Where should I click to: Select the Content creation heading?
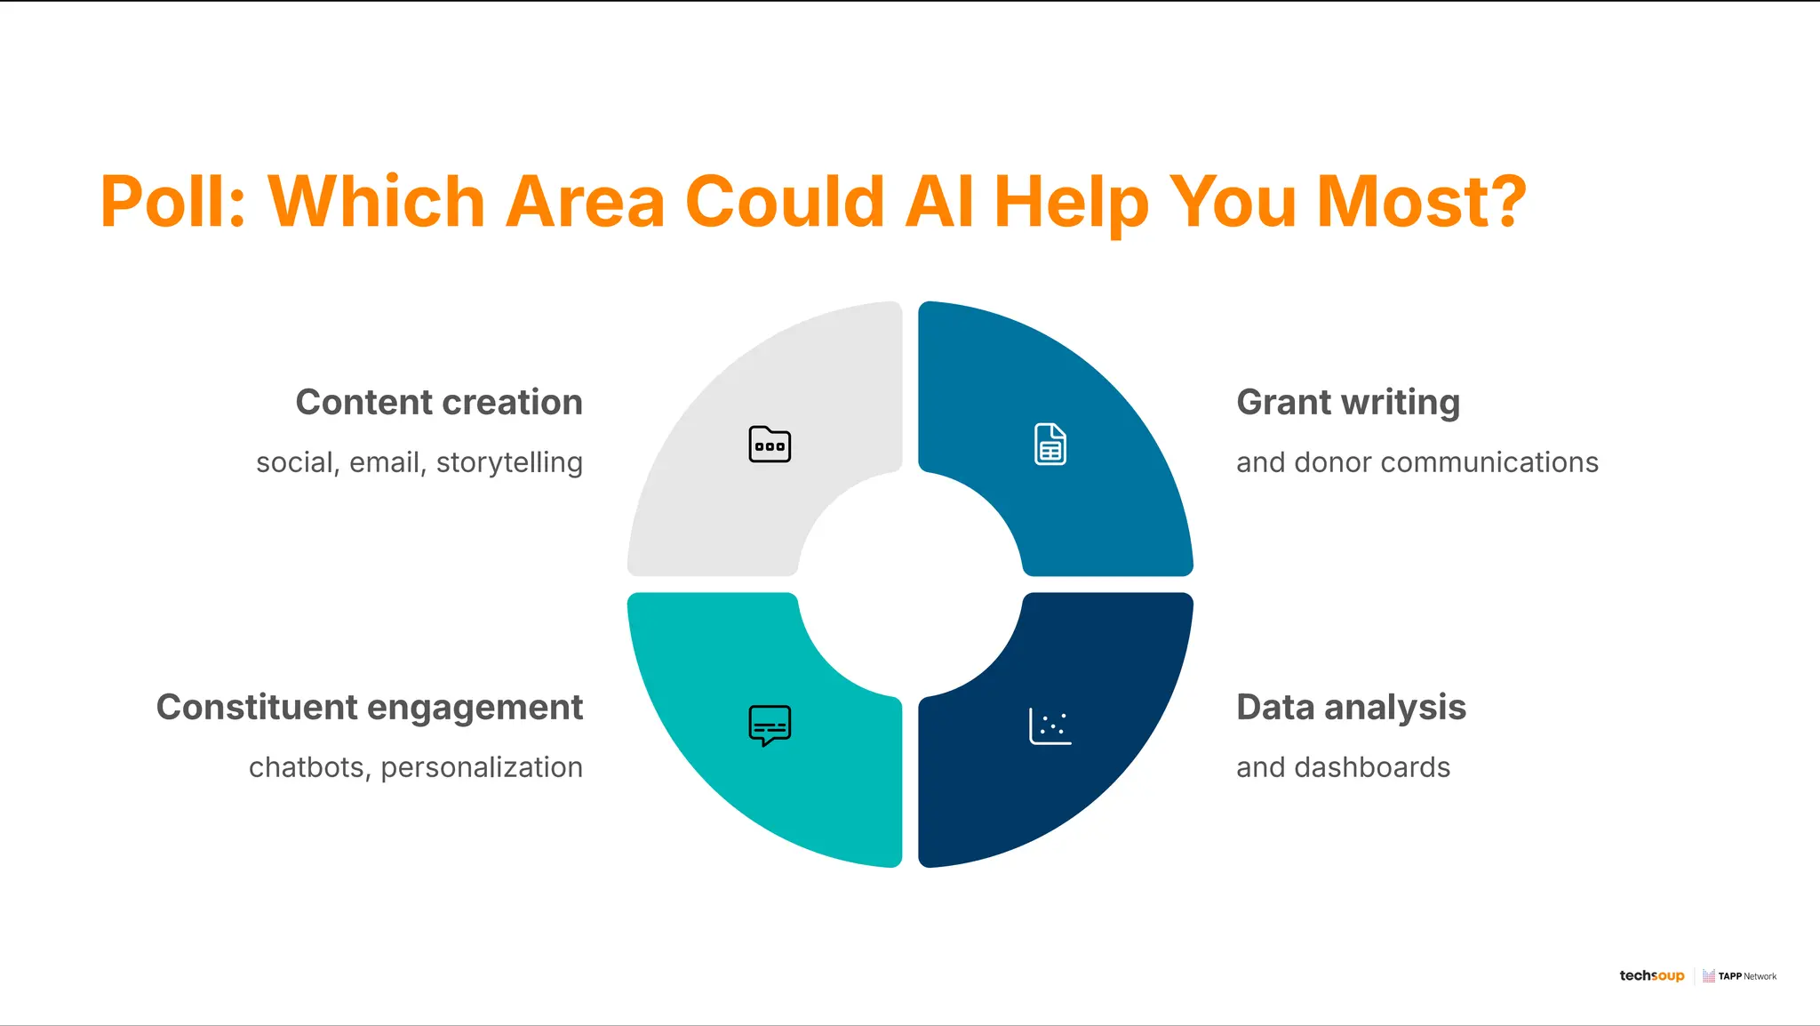coord(439,402)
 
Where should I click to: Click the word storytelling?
coord(509,463)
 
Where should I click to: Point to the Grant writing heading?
coord(1348,402)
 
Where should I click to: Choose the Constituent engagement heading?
coord(370,708)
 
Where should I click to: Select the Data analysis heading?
coord(1351,708)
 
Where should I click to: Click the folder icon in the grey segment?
coord(770,444)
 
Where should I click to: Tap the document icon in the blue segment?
coord(1050,444)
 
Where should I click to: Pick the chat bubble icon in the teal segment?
coord(770,725)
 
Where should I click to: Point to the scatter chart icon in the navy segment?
coord(1050,725)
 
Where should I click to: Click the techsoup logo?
coord(1651,975)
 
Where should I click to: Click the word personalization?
coord(482,767)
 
